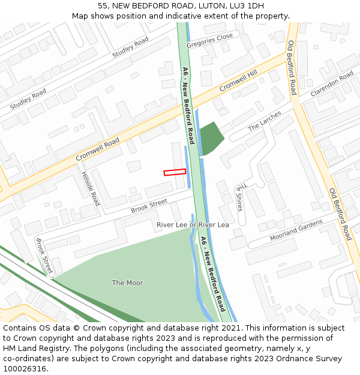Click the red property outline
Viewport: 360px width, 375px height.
click(175, 172)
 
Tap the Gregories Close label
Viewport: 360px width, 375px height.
click(209, 41)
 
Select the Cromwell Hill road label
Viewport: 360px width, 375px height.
click(238, 80)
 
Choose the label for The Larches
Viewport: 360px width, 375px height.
click(265, 121)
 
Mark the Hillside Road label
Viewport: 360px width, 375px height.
click(90, 188)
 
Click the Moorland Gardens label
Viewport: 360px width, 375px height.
click(296, 230)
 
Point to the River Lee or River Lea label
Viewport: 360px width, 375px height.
click(193, 224)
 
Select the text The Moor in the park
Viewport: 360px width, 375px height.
click(127, 283)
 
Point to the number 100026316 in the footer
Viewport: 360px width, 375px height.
click(25, 368)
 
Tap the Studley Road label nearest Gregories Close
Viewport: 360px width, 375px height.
click(130, 47)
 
